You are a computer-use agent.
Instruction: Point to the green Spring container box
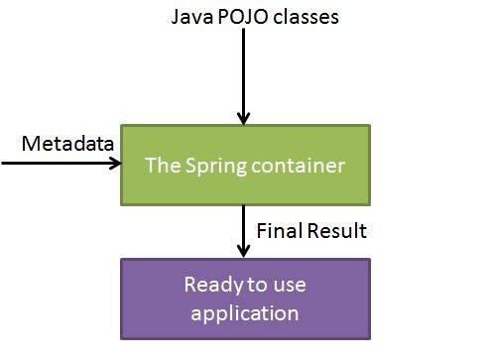point(245,165)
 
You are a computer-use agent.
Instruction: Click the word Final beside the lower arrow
point(279,231)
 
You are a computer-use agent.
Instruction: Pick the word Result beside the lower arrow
point(335,231)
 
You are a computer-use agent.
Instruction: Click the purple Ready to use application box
point(245,300)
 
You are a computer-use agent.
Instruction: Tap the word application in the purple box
point(245,313)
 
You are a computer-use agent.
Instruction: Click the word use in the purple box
point(289,286)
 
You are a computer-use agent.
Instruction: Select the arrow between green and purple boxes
point(245,230)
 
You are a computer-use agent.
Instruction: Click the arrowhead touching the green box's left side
point(113,161)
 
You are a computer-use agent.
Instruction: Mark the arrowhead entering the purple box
point(245,251)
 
